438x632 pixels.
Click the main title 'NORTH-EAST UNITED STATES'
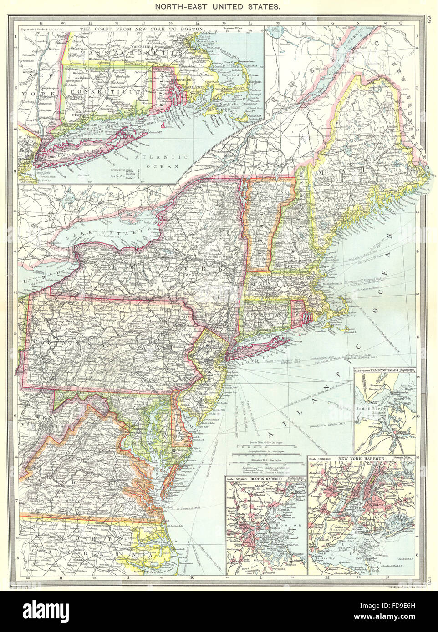pos(219,8)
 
